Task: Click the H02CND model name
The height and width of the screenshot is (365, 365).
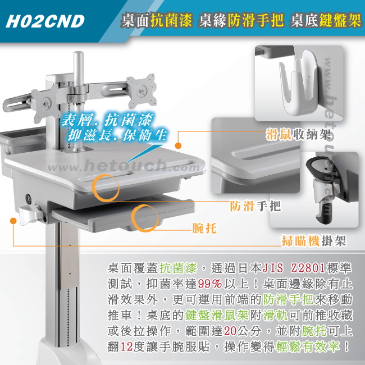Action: click(x=45, y=21)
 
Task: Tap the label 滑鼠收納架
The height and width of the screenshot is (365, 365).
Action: click(x=298, y=134)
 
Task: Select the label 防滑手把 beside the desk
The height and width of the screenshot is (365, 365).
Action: click(x=255, y=206)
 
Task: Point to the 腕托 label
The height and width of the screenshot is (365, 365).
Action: click(x=204, y=228)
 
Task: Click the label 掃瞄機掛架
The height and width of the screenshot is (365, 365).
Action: click(x=314, y=240)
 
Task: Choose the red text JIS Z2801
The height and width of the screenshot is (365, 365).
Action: click(x=294, y=268)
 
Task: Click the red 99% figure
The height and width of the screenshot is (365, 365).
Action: click(x=209, y=284)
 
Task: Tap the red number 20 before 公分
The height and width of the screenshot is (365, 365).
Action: click(x=230, y=331)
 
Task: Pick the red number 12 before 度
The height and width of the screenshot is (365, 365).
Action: click(x=127, y=346)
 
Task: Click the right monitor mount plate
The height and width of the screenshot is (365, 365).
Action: click(x=142, y=90)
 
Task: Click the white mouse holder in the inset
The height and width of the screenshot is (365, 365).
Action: click(x=299, y=83)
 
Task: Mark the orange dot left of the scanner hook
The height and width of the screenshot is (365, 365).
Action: click(x=13, y=221)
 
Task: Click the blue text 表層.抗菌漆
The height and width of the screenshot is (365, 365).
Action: click(x=107, y=120)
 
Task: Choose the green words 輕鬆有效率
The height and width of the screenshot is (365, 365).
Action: click(x=308, y=346)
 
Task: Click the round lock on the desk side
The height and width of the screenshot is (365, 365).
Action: click(x=29, y=198)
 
